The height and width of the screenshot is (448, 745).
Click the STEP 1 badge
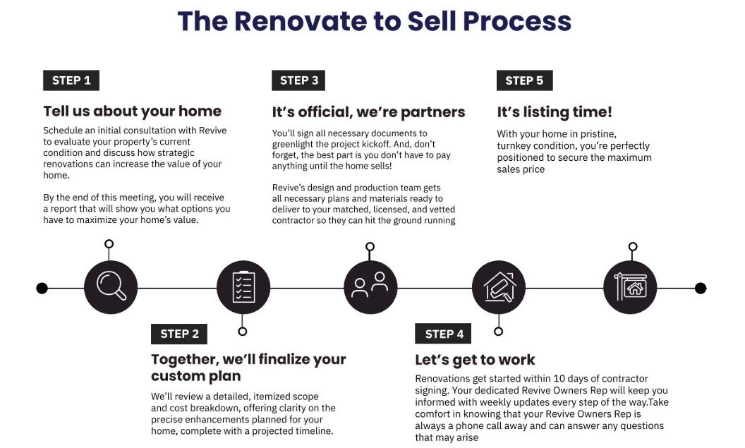71,80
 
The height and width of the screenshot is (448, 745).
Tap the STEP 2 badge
179,334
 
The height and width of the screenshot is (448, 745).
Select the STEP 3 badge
299,80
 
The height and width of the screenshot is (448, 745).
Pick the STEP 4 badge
444,334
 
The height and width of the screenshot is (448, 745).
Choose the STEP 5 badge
524,80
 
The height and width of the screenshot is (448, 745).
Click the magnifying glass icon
111,287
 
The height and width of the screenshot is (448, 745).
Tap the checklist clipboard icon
243,287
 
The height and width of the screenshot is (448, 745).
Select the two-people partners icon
370,287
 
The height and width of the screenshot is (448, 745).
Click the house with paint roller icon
499,287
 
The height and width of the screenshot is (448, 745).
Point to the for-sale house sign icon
631,287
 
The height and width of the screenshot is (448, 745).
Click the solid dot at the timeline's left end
42,288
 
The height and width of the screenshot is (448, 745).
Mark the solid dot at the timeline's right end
701,288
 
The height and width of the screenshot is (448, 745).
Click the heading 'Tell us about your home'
133,111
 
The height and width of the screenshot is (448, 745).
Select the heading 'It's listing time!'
555,111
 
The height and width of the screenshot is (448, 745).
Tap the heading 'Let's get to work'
475,360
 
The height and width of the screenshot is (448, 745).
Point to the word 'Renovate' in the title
303,21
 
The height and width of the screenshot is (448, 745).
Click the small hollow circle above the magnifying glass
109,244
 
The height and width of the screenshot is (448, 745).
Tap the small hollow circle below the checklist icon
243,331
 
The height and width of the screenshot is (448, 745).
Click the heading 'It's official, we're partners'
369,111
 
